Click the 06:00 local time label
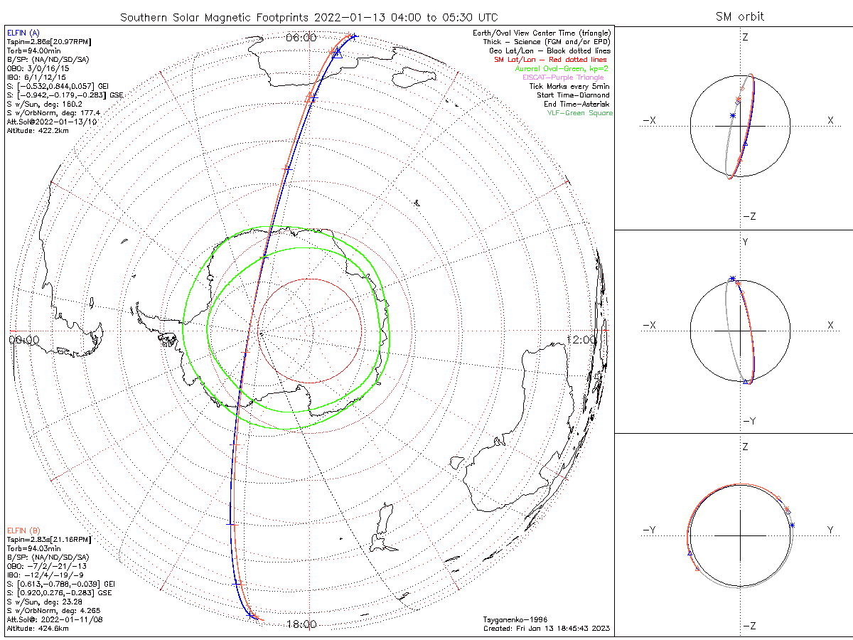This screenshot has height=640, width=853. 301,38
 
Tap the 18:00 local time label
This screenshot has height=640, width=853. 301,624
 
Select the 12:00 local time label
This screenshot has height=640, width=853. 582,340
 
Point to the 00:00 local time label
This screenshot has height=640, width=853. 24,340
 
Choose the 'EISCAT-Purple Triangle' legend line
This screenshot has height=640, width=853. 563,78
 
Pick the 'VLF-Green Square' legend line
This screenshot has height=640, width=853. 579,113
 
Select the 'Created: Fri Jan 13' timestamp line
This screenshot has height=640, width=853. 547,629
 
